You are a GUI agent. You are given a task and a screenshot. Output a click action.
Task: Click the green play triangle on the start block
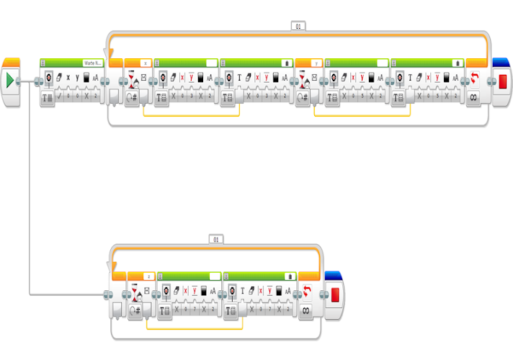(10, 80)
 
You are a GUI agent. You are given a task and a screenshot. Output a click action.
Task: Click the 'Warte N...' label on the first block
(93, 63)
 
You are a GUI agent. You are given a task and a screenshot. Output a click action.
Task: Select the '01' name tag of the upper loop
(298, 26)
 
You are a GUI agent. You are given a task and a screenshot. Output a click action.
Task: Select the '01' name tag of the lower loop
(215, 238)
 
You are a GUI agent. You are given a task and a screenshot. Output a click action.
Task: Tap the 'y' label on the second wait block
(316, 63)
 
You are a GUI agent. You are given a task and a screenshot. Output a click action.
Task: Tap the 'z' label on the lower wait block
(148, 276)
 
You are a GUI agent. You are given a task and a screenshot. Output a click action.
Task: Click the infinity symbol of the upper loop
(474, 96)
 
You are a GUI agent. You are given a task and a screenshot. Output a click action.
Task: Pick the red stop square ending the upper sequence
(503, 81)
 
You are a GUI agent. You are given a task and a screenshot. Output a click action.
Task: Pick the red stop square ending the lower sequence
(334, 294)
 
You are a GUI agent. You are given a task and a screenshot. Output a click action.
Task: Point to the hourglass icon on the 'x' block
(132, 78)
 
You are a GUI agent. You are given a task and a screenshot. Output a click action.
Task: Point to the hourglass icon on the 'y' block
(303, 78)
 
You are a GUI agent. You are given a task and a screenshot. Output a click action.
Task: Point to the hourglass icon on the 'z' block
(135, 292)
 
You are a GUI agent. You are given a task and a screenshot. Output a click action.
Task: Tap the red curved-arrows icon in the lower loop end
(306, 291)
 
